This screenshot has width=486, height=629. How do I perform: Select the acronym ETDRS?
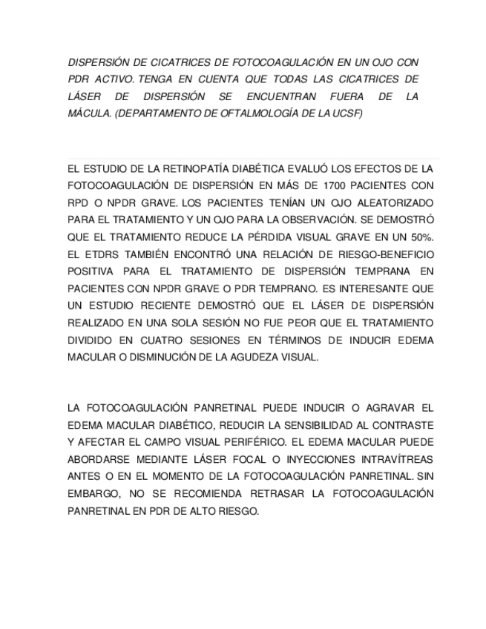tap(96, 254)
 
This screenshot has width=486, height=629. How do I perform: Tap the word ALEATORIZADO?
tap(388, 202)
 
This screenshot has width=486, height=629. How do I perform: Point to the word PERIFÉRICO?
tap(245, 443)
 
